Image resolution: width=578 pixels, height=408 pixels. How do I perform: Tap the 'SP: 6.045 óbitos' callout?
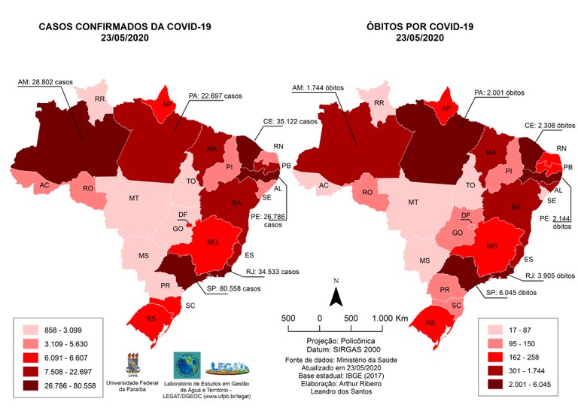[x=513, y=293]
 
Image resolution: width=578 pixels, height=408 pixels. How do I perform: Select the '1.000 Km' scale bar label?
[x=391, y=318]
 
